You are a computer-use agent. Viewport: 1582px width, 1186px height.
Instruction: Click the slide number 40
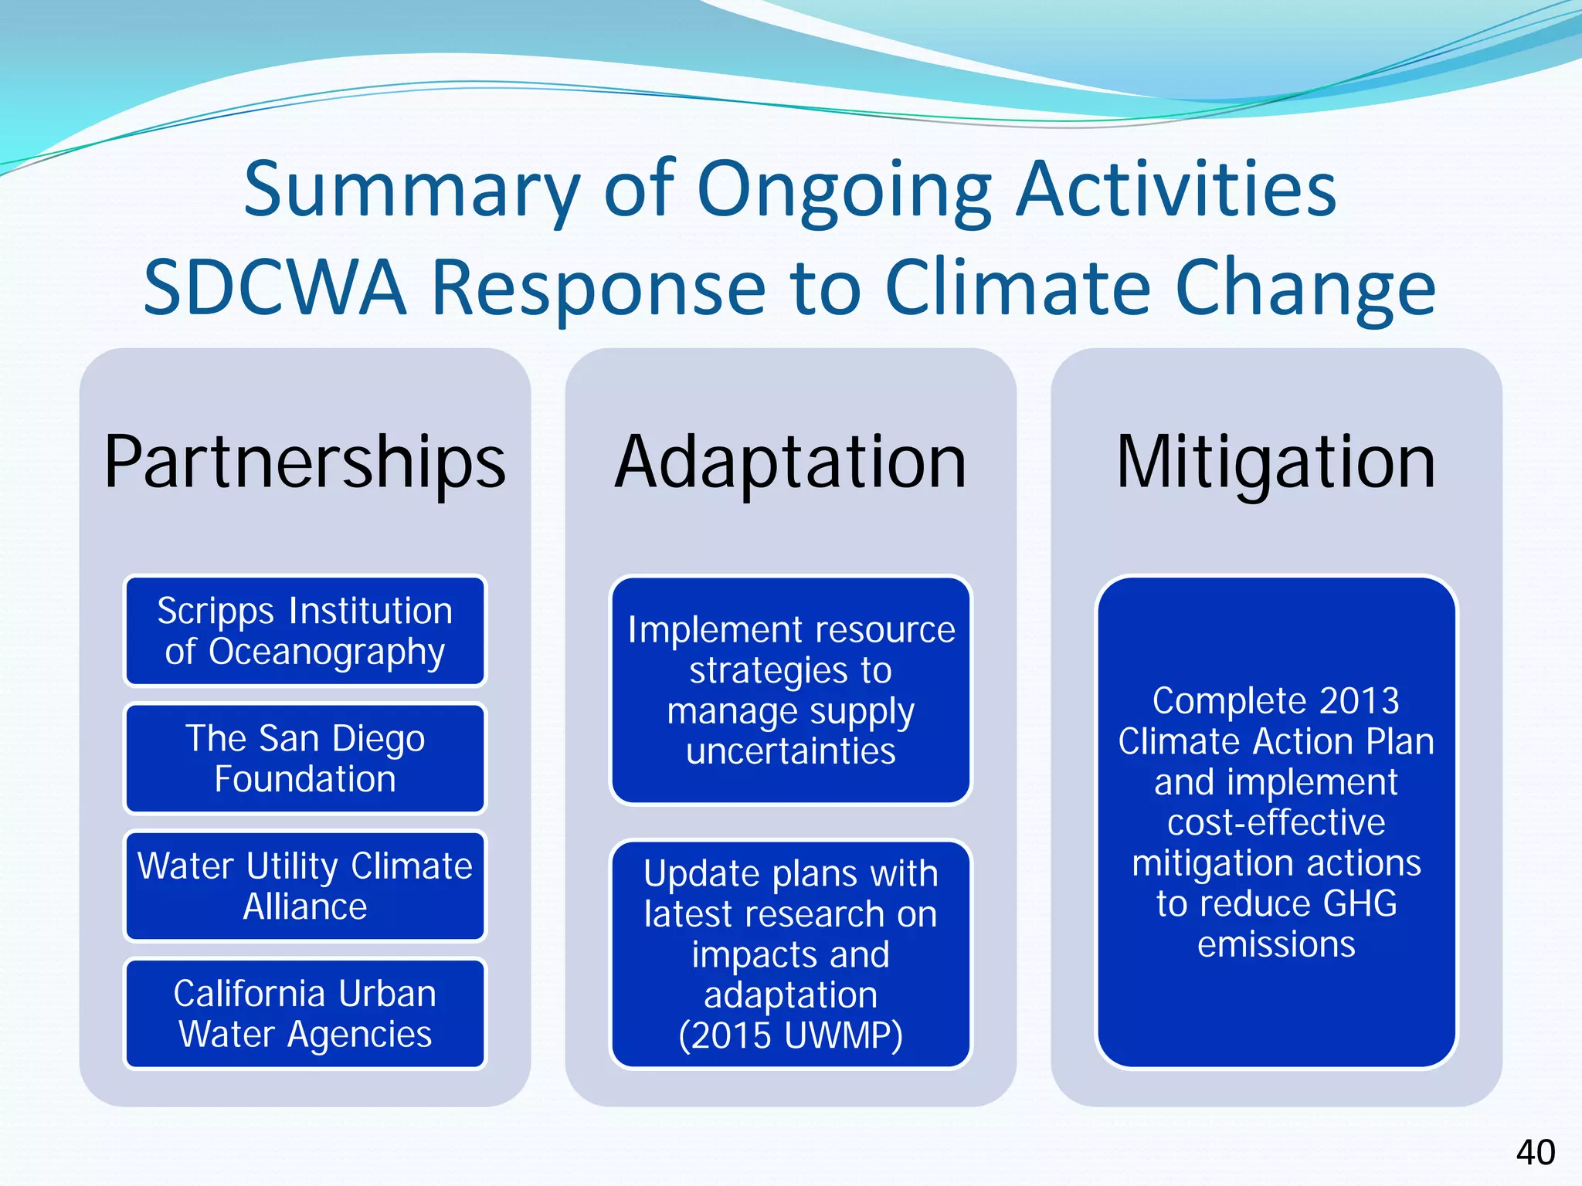click(x=1535, y=1153)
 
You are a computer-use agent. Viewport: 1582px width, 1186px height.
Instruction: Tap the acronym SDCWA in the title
click(x=275, y=288)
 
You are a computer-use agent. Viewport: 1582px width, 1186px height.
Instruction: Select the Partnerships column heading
click(x=305, y=463)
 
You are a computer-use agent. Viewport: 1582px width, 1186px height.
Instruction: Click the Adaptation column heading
click(x=790, y=463)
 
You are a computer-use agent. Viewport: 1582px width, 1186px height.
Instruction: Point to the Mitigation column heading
click(x=1276, y=463)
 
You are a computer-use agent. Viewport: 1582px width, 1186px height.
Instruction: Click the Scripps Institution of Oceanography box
click(x=305, y=631)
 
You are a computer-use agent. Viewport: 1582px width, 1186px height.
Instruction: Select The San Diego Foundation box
click(x=305, y=758)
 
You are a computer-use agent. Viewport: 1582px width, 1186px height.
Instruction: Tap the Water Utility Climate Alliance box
click(x=305, y=886)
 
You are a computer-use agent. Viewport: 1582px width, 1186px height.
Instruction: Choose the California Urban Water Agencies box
click(x=305, y=1013)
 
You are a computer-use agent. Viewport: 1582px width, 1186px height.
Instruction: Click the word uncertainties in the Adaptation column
click(x=790, y=751)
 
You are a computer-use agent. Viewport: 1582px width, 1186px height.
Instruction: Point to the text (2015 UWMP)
click(x=790, y=1035)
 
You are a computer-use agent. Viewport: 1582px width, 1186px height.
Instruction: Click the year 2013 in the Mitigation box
click(x=1359, y=701)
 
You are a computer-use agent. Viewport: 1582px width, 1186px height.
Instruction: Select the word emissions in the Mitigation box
click(x=1276, y=944)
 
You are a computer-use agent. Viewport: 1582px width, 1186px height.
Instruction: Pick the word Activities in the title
click(x=1176, y=190)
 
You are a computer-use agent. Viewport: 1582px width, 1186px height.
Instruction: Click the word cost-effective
click(x=1276, y=822)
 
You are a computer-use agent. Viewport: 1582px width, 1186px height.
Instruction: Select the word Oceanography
click(x=327, y=652)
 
